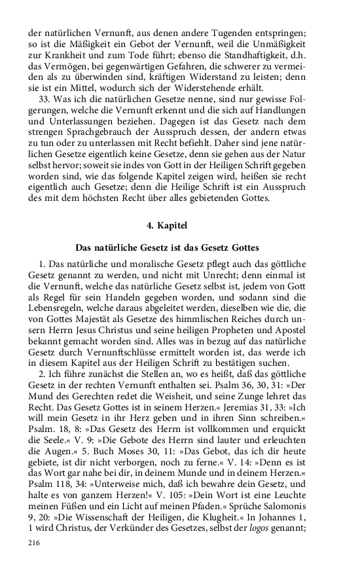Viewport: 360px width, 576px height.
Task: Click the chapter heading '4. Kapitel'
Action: click(x=167, y=225)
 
